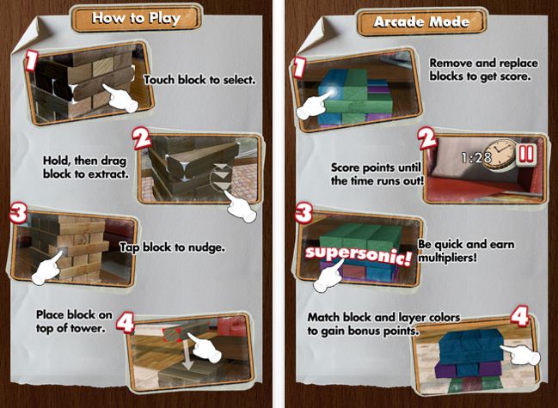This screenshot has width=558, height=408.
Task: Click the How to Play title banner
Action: tap(137, 19)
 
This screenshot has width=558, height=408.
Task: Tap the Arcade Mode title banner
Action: tap(421, 22)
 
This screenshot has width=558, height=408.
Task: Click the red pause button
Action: tap(526, 155)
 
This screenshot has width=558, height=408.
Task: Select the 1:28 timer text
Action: tap(476, 157)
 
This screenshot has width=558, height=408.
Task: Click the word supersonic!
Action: tap(359, 255)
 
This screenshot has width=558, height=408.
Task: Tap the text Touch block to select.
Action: tap(200, 80)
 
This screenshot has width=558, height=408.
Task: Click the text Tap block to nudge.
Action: tap(172, 247)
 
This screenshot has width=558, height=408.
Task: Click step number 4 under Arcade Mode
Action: tap(519, 317)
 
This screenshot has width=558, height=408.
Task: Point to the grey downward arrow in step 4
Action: tap(188, 356)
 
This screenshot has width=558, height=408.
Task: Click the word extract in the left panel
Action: tap(108, 174)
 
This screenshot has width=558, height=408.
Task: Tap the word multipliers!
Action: tap(447, 258)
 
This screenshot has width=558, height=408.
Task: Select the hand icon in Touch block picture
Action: tap(120, 98)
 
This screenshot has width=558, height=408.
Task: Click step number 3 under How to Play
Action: tap(19, 214)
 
